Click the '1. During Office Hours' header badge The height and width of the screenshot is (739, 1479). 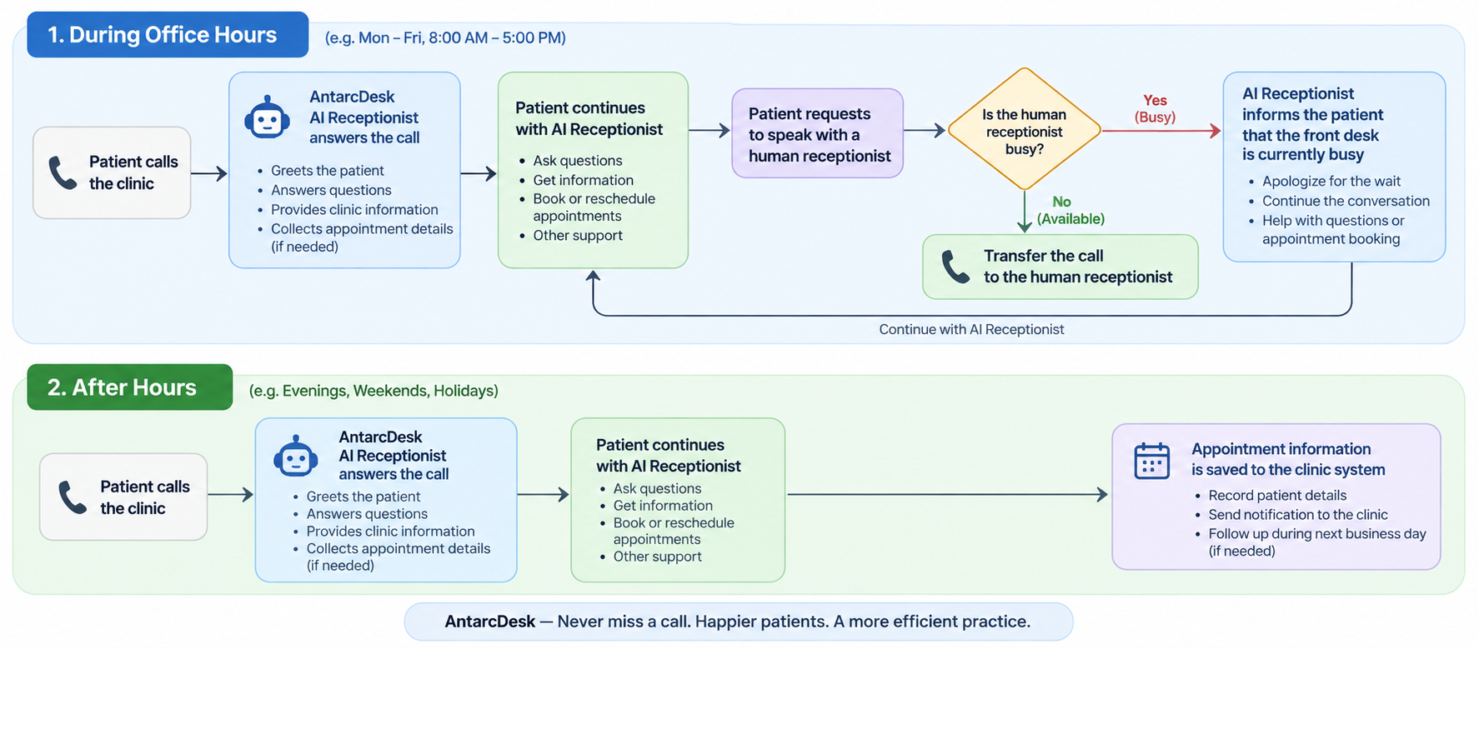168,35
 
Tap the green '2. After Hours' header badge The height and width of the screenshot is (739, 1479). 130,387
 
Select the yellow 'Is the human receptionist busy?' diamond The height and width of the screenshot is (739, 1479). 1024,130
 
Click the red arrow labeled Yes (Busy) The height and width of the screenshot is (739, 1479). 1161,131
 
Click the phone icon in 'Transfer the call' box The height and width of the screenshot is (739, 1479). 955,267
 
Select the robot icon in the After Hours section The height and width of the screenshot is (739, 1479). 296,456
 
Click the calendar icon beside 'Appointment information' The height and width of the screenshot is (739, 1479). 1152,461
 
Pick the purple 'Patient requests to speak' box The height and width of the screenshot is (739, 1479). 817,133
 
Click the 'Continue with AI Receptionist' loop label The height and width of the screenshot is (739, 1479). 971,330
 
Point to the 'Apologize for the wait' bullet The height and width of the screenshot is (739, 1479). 1331,182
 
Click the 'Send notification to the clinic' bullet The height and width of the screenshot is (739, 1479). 1298,515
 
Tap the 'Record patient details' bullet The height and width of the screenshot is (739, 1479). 1277,496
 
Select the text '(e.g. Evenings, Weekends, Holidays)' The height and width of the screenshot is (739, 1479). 374,391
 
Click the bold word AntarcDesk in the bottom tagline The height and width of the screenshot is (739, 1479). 490,622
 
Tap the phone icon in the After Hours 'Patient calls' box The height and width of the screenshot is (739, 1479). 73,497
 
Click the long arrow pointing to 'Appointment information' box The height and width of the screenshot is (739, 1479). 948,495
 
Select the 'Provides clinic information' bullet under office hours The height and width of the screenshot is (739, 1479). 354,210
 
